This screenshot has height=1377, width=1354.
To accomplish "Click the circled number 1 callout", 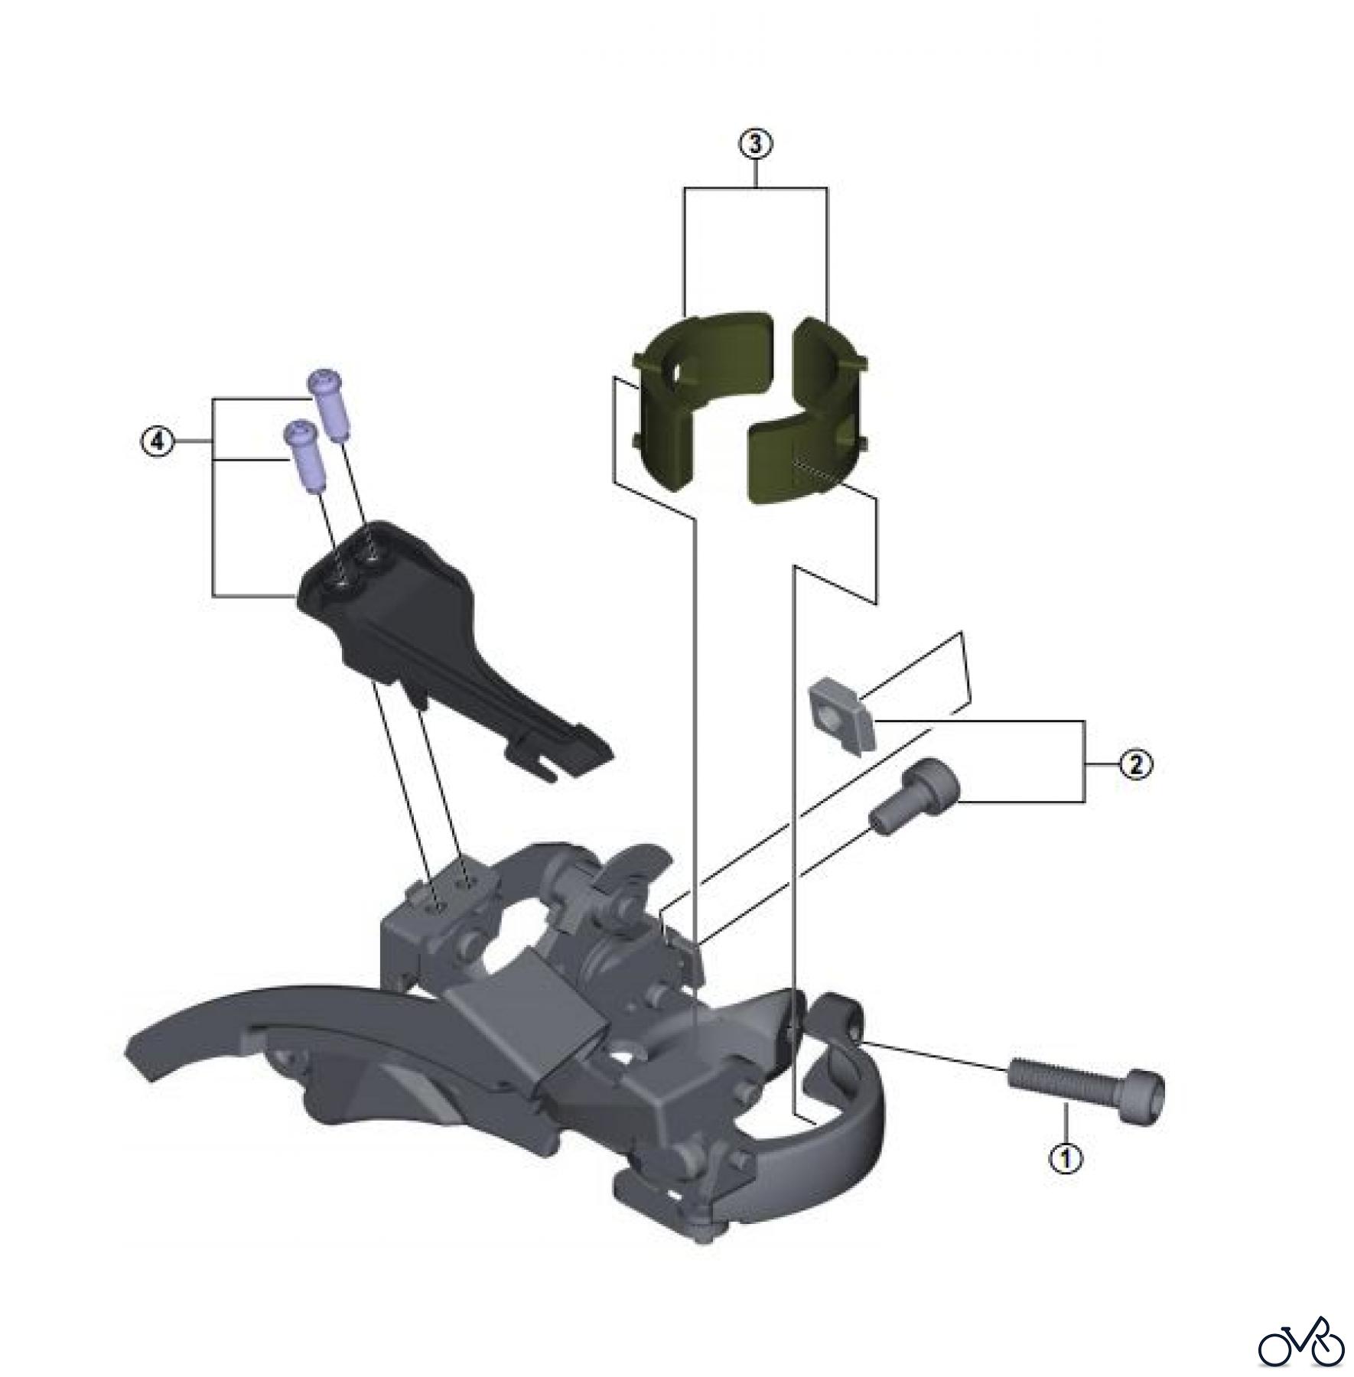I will coord(1066,1158).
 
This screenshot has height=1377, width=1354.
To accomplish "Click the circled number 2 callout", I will coord(1135,763).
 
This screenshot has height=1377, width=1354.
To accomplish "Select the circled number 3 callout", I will coord(755,143).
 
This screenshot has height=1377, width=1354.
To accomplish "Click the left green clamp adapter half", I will coord(688,398).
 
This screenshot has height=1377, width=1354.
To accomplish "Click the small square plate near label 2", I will coord(840,715).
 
